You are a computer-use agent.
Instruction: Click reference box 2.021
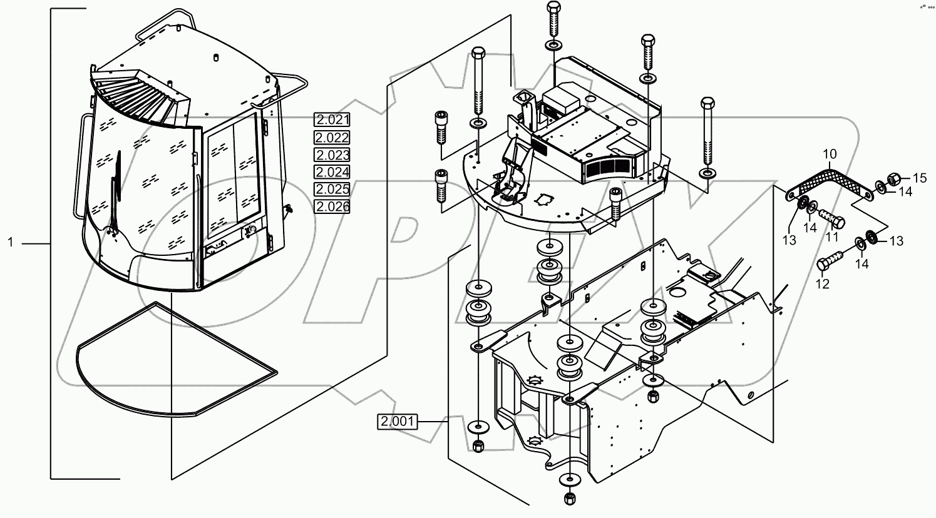pyautogui.click(x=332, y=120)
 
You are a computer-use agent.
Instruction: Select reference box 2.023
pyautogui.click(x=332, y=155)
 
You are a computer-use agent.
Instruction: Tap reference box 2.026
pyautogui.click(x=332, y=206)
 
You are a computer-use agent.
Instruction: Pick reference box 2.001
pyautogui.click(x=397, y=422)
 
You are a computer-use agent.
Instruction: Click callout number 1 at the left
pyautogui.click(x=11, y=242)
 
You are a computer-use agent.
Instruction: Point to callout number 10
pyautogui.click(x=829, y=153)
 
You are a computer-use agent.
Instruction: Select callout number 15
pyautogui.click(x=918, y=178)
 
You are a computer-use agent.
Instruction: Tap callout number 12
pyautogui.click(x=822, y=283)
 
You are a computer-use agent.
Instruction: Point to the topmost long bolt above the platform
pyautogui.click(x=554, y=19)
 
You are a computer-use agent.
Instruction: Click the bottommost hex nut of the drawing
pyautogui.click(x=569, y=499)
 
